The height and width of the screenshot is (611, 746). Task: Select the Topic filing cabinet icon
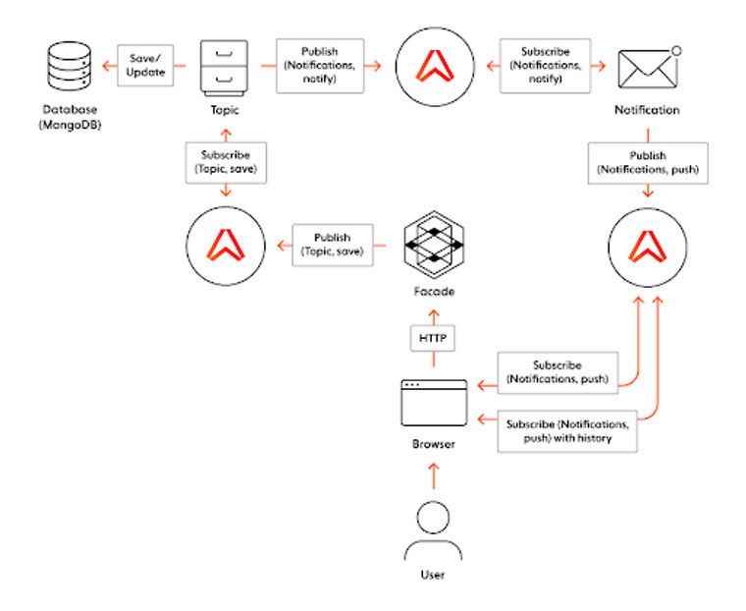pos(224,67)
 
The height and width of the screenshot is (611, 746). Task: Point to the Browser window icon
pos(433,403)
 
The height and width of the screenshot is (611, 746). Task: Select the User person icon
pos(433,530)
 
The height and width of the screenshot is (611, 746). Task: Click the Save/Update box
pos(146,66)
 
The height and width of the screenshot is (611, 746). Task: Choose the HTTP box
pos(433,339)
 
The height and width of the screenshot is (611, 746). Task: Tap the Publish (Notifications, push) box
pos(647,163)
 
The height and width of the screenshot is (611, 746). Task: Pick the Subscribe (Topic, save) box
pos(225,162)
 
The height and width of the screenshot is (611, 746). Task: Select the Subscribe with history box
pos(566,431)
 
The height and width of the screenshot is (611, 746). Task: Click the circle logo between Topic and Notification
pos(433,66)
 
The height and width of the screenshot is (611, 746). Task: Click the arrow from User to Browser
pos(433,476)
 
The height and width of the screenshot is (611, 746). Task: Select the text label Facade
pos(433,292)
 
